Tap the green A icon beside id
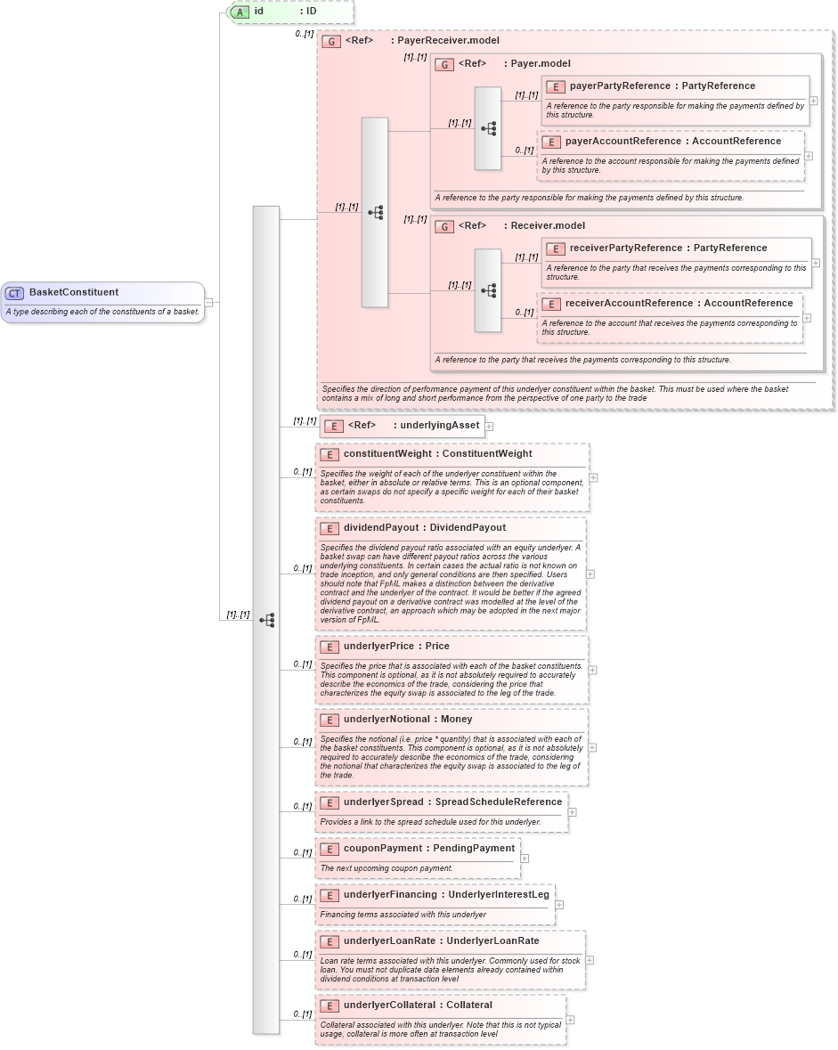239,12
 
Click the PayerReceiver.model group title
447,41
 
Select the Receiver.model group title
548,226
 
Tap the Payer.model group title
541,64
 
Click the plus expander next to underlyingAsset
489,427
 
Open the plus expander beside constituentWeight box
593,478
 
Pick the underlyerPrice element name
378,647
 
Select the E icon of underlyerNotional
329,720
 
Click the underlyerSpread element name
383,802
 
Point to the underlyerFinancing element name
389,895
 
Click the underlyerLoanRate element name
390,941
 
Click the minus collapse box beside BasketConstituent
208,302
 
